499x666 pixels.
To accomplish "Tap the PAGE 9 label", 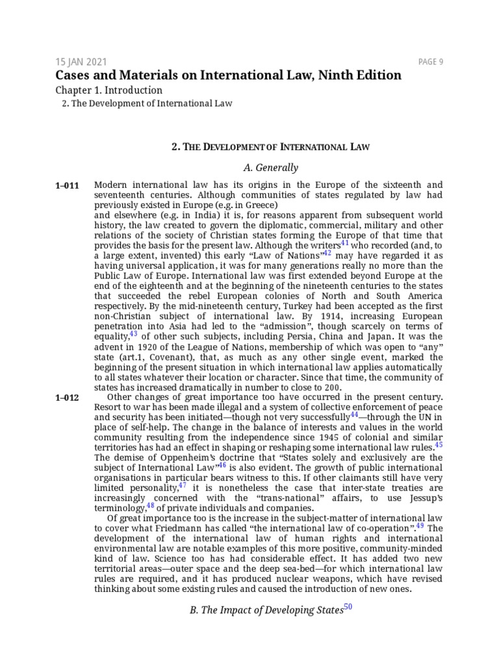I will tap(431, 62).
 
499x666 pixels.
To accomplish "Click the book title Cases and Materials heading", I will tap(228, 75).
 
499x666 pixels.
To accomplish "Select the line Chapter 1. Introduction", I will tap(109, 90).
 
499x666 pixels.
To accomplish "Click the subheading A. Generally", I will tap(270, 167).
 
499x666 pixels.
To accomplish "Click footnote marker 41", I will tap(345, 243).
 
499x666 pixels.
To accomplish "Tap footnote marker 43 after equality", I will tap(133, 334).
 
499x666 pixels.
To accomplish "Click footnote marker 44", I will tap(354, 414).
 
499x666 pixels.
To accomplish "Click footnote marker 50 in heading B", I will tap(347, 607).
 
